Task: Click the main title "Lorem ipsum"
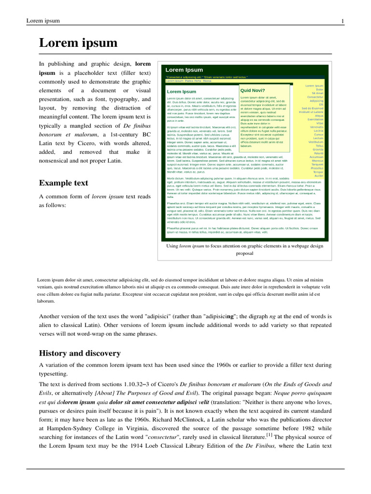[78, 43]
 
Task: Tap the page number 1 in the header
[342, 21]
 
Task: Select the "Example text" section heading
[63, 183]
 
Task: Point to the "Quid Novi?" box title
[252, 90]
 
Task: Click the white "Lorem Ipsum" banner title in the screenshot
[184, 70]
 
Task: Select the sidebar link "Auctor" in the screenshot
[318, 176]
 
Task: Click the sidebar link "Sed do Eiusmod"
[313, 109]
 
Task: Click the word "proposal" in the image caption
[244, 253]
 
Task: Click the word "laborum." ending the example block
[48, 300]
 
